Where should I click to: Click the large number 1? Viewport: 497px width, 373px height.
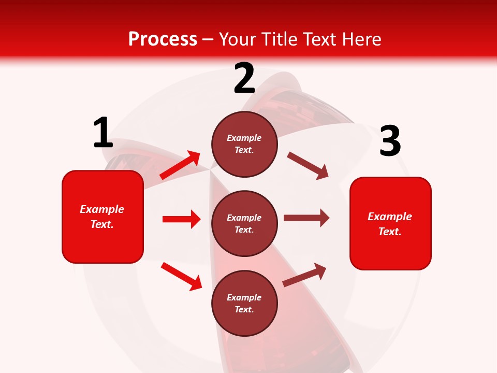tap(103, 133)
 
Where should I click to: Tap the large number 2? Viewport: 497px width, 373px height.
tap(244, 78)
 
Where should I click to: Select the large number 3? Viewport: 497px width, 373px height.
tap(390, 141)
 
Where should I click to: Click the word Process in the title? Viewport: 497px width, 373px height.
tap(163, 39)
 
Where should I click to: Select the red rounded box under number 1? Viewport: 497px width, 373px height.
tap(103, 217)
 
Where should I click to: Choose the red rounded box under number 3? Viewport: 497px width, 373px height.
tap(390, 224)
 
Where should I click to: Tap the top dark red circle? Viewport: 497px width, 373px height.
tap(244, 144)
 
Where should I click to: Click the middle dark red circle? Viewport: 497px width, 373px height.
tap(244, 224)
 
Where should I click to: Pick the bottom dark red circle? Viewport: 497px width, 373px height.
tap(244, 304)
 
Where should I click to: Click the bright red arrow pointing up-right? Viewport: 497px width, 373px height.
tap(180, 165)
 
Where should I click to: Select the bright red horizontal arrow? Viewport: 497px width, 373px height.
tap(181, 219)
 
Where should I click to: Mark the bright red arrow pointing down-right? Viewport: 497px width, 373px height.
tap(181, 276)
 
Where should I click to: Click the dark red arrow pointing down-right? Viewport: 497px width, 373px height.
tap(308, 165)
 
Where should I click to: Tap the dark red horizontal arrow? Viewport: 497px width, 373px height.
tap(306, 218)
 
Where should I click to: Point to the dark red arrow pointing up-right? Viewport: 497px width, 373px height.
tap(305, 275)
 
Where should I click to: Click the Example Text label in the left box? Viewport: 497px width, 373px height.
tap(102, 217)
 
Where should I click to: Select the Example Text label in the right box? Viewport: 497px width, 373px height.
tap(390, 224)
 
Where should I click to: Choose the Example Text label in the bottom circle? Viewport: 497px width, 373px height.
tap(244, 304)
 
